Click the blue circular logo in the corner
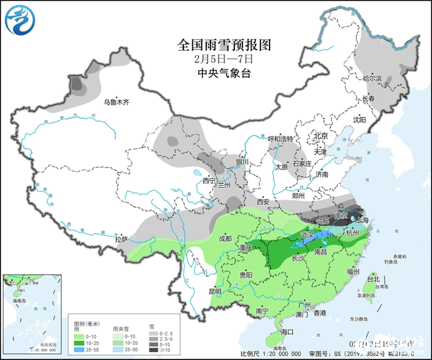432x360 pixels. tap(21, 19)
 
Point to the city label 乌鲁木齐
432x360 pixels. tap(116, 102)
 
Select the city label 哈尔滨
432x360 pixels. tap(372, 79)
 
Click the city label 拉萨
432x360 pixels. tap(121, 239)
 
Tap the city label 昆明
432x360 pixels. tap(215, 291)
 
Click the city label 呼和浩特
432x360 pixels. tap(280, 138)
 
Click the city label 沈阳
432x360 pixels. tap(360, 120)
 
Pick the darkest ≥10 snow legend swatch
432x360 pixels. tap(152, 349)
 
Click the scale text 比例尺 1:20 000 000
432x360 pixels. tap(270, 353)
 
